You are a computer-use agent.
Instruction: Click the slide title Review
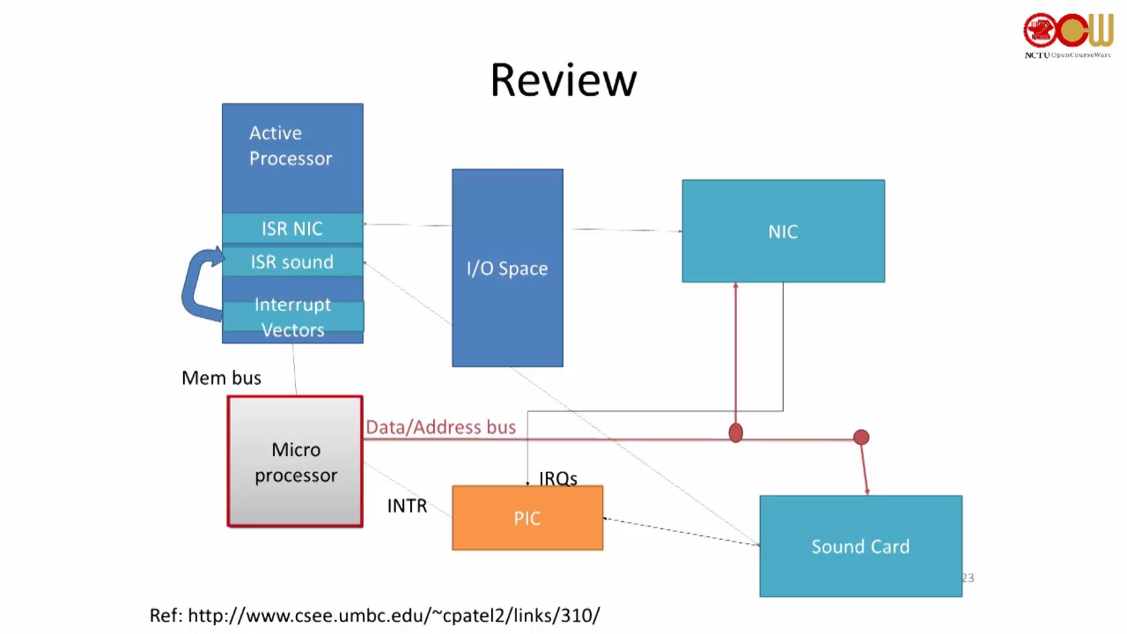[563, 80]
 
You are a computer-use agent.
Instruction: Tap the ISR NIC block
[292, 228]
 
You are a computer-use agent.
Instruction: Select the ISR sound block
[292, 261]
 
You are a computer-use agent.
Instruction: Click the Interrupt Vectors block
[293, 317]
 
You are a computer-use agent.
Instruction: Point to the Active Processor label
[291, 146]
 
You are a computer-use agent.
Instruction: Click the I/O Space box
[508, 268]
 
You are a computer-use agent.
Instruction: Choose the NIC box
[783, 231]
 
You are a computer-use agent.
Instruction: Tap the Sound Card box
[861, 546]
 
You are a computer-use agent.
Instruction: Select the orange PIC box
[527, 518]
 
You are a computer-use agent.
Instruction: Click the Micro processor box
[295, 461]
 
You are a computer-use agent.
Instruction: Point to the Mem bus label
[221, 377]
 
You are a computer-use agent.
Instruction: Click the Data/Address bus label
[441, 427]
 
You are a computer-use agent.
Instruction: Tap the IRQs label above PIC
[558, 478]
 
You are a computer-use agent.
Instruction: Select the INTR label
[407, 505]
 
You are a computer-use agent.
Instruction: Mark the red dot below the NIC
[735, 433]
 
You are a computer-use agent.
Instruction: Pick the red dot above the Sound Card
[861, 437]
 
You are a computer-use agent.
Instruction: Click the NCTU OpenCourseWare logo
[1068, 35]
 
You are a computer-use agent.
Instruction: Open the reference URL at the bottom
[374, 615]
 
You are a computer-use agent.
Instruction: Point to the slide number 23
[968, 578]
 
